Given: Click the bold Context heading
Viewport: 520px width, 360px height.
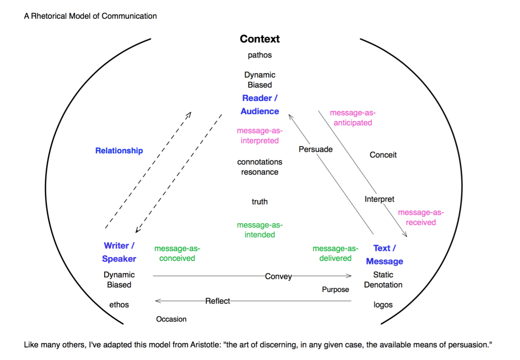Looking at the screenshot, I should tap(259, 39).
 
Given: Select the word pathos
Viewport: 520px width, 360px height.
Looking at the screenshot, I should tap(259, 55).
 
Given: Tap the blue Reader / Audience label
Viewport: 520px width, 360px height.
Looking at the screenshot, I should tap(259, 105).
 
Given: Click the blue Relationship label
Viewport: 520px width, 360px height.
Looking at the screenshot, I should tap(119, 150).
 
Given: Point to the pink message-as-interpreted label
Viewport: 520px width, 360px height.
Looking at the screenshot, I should tap(259, 136).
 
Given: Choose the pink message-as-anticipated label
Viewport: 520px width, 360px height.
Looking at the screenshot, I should tap(352, 118).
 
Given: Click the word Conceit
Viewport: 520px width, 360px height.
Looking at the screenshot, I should tap(383, 155).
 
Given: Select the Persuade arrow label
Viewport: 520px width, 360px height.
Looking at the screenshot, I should tap(315, 149).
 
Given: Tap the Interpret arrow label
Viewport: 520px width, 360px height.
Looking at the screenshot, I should tap(379, 199).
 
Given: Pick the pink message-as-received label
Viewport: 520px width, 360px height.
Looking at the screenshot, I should tap(420, 217).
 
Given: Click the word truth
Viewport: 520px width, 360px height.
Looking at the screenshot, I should tap(259, 202).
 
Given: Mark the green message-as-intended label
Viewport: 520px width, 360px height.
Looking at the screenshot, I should tap(259, 230).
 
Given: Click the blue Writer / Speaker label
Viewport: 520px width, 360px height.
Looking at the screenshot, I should tap(119, 252).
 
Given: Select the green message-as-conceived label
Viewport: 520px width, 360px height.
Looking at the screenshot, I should tap(177, 253).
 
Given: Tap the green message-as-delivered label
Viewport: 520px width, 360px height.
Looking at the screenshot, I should tap(335, 253).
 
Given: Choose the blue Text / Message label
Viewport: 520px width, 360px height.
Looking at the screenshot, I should tap(384, 255).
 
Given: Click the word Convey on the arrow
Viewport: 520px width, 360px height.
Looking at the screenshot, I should tap(278, 276).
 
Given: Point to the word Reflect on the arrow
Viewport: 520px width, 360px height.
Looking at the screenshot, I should tap(217, 301).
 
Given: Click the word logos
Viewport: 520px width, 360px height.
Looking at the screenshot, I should tap(383, 305).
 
